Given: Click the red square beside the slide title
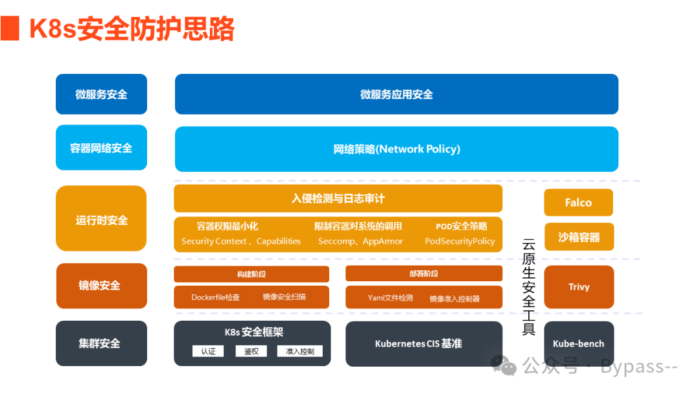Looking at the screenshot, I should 9,29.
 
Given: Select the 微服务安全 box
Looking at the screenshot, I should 101,95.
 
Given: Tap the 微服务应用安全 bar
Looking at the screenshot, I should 396,95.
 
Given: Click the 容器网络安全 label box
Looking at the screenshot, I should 101,148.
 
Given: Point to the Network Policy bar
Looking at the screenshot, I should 396,149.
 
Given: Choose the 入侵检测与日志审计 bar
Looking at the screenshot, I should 338,198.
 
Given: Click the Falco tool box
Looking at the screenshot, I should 578,203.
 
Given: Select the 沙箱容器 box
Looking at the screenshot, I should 578,237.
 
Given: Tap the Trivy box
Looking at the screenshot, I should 578,286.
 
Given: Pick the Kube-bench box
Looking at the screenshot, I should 578,343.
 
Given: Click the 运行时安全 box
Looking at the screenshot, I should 101,220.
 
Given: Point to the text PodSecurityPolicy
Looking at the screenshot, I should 460,241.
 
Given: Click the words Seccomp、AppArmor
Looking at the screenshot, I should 360,241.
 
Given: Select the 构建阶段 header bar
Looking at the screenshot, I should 251,274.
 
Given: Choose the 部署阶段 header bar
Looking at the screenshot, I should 423,273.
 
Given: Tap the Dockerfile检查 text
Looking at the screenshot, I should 215,297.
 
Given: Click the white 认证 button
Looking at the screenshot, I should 208,351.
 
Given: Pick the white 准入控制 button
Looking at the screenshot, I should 299,351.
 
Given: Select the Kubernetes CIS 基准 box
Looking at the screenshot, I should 423,343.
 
